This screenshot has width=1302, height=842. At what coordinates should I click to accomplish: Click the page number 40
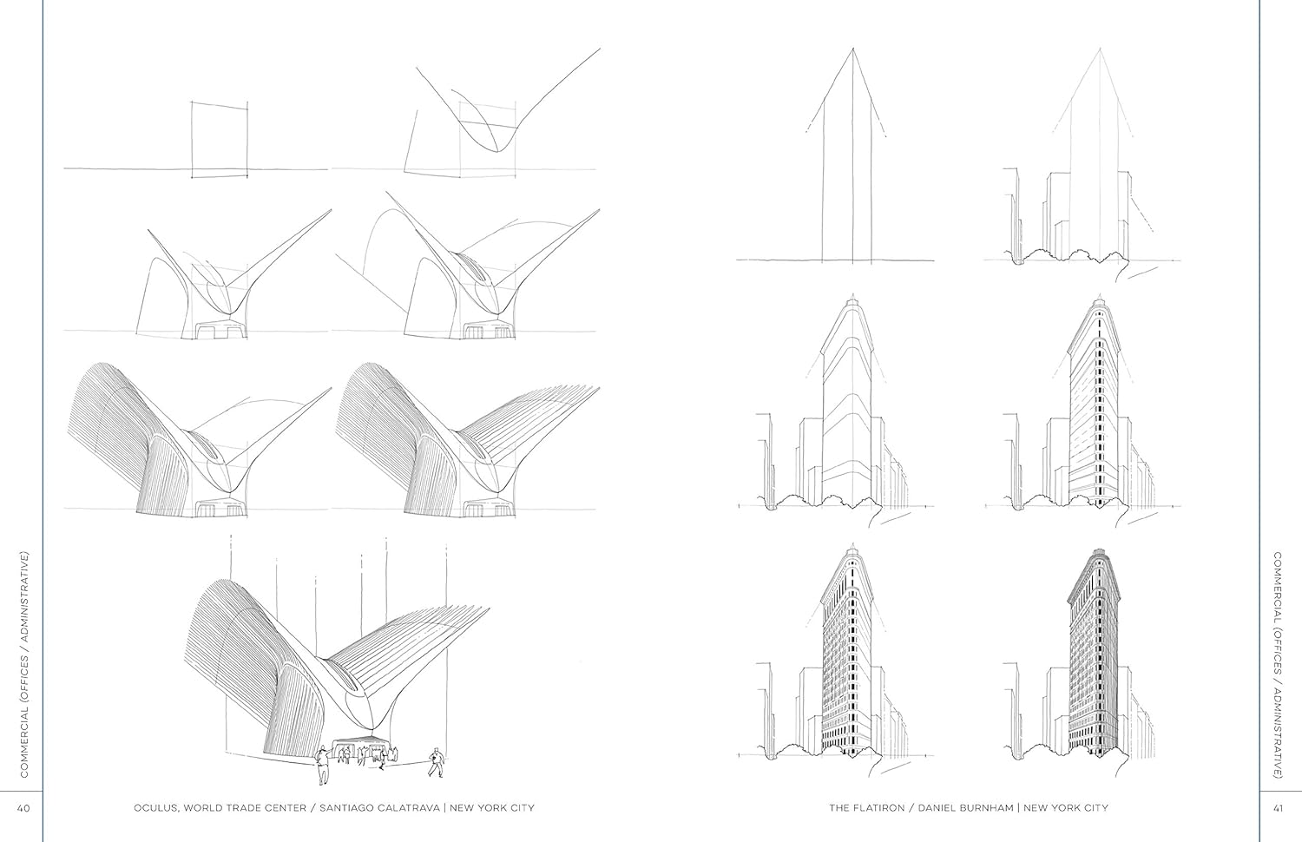tap(23, 808)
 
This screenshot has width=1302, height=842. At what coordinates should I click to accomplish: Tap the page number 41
tap(1279, 808)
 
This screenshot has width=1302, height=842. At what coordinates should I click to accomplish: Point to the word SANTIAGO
tap(347, 808)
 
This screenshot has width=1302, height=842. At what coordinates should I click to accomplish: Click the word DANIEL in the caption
tap(937, 808)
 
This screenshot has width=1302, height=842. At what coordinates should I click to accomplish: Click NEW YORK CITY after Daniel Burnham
tap(1066, 808)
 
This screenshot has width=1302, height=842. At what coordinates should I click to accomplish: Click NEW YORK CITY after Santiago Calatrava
tap(492, 808)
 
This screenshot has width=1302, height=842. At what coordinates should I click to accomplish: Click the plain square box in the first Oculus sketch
tap(220, 141)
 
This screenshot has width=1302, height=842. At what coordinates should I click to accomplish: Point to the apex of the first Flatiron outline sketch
tap(852, 49)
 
